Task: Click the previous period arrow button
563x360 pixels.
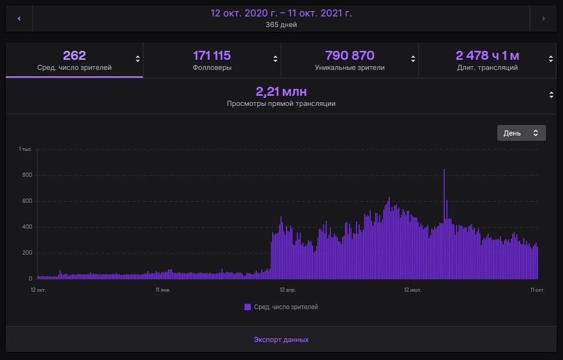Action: coord(19,19)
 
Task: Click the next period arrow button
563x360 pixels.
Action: coord(543,19)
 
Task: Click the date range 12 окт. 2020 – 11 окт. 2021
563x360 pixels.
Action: coord(281,13)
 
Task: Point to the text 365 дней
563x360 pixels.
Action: coord(281,25)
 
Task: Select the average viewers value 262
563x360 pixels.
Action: coord(74,56)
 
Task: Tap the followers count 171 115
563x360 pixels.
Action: coord(212,56)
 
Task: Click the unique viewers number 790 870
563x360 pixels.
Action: coord(350,56)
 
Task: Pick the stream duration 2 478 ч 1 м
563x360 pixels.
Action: coord(487,56)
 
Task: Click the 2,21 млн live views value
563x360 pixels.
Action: coord(281,92)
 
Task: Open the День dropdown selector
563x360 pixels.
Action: coord(521,133)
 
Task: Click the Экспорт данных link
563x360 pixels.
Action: coord(281,339)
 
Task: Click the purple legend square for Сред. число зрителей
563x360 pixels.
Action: coord(247,307)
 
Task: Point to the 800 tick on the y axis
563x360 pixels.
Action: coord(26,175)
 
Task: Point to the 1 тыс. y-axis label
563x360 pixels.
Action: coord(25,149)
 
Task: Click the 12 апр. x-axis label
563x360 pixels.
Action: coord(287,290)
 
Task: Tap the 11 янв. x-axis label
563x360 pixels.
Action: coord(163,290)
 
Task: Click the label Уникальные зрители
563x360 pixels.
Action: coord(350,68)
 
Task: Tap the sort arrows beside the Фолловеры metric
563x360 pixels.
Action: coord(275,59)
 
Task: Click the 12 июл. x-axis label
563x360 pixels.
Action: coord(412,290)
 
